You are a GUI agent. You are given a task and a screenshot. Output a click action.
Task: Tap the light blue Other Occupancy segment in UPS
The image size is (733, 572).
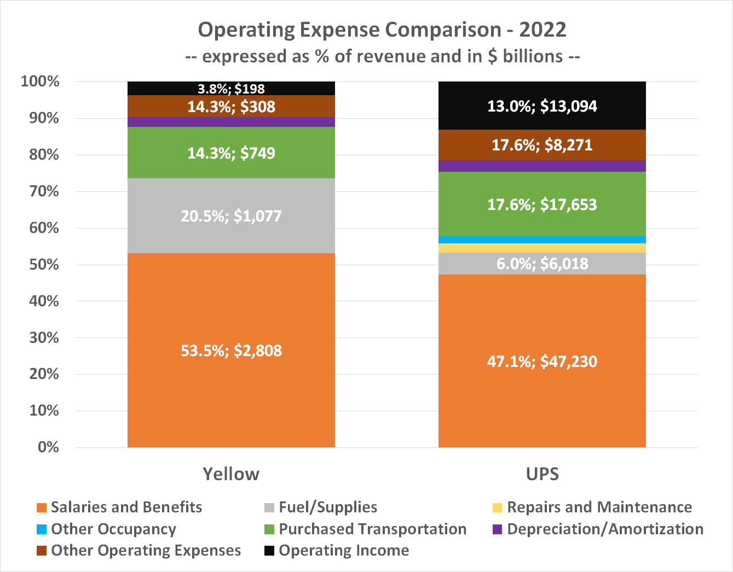pyautogui.click(x=542, y=240)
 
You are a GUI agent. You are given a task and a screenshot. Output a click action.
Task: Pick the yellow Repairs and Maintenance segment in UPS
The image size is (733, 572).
pyautogui.click(x=542, y=248)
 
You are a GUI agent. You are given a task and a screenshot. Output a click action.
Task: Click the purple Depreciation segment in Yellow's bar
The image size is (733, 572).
pyautogui.click(x=231, y=121)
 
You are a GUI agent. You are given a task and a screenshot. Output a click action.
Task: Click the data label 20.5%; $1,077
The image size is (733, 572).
pyautogui.click(x=231, y=216)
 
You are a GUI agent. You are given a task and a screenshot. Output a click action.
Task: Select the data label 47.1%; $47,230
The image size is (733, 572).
pyautogui.click(x=542, y=361)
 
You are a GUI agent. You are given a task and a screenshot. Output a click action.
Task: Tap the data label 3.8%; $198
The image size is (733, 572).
pyautogui.click(x=231, y=89)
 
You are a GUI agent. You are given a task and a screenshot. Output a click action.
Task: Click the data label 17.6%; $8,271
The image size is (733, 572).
pyautogui.click(x=542, y=145)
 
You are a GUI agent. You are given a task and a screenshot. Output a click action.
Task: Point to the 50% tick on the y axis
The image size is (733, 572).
pyautogui.click(x=44, y=265)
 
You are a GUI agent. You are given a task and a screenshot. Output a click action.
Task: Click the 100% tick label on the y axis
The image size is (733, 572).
pyautogui.click(x=40, y=81)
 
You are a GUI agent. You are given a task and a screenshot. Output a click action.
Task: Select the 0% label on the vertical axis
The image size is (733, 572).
pyautogui.click(x=48, y=447)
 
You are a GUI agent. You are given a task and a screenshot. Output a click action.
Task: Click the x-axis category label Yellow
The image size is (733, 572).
pyautogui.click(x=231, y=474)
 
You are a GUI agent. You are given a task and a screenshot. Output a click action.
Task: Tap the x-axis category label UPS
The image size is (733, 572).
pyautogui.click(x=542, y=474)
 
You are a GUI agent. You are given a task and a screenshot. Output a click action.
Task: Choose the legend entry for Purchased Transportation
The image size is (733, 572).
pyautogui.click(x=372, y=529)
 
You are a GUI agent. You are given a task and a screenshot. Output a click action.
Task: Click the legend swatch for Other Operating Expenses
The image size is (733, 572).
pyautogui.click(x=41, y=551)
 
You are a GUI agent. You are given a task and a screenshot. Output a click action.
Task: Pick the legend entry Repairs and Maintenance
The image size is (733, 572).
pyautogui.click(x=599, y=507)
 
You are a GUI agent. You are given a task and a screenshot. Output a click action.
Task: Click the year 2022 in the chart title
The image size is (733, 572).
pyautogui.click(x=542, y=30)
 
